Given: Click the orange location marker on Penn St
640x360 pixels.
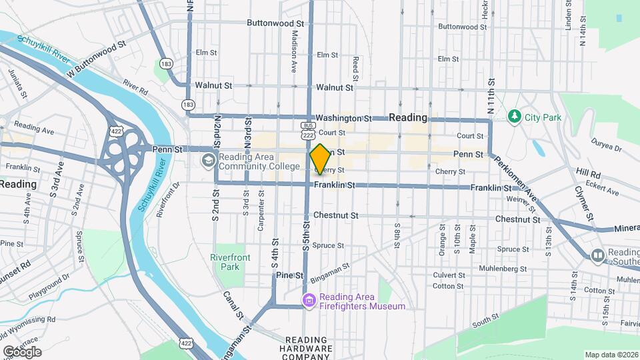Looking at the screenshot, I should point(320,159).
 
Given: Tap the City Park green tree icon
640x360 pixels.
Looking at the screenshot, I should point(514,117).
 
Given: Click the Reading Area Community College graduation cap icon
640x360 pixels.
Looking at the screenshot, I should point(208,161).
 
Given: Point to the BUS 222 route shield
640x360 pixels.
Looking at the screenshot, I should point(307,131).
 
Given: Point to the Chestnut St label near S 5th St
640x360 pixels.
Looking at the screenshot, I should point(336,215).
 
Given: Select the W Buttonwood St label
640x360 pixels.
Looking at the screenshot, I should point(97,57).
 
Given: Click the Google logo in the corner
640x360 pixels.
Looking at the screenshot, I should point(22,351).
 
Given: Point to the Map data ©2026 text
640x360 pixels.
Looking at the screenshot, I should point(611,355).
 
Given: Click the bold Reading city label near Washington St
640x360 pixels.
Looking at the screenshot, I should point(407,117).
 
